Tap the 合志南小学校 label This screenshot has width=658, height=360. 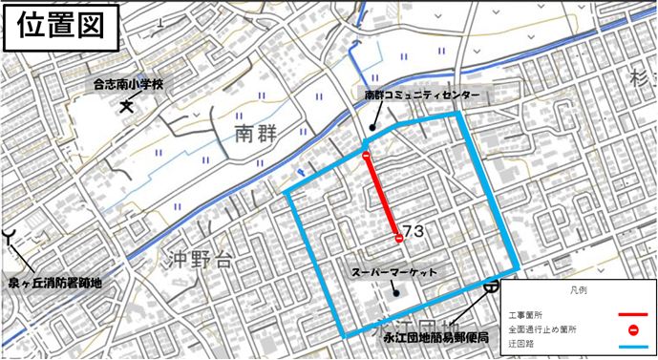tap(129, 85)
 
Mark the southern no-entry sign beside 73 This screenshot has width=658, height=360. tap(397, 237)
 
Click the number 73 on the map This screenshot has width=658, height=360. tap(414, 232)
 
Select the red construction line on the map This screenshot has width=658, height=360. tap(382, 197)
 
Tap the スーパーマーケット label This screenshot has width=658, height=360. tap(394, 273)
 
